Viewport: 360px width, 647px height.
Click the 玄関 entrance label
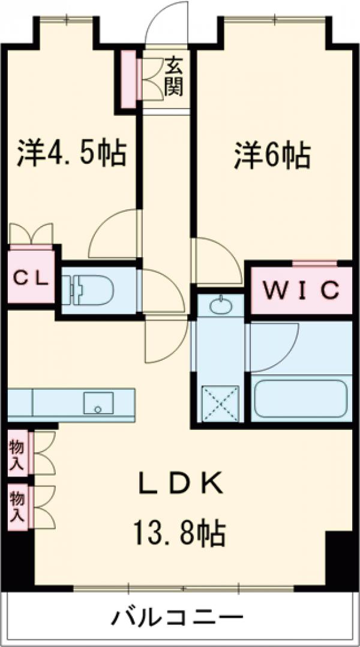point(174,76)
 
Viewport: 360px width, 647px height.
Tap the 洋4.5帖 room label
point(71,153)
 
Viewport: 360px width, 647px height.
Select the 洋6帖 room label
point(271,155)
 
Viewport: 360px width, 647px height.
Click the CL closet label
point(31,278)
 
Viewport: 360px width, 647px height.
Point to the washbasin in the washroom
point(220,306)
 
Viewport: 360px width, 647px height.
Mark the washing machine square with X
point(220,404)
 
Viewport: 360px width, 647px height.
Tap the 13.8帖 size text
point(179,531)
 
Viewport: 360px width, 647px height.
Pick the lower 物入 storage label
point(17,505)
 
